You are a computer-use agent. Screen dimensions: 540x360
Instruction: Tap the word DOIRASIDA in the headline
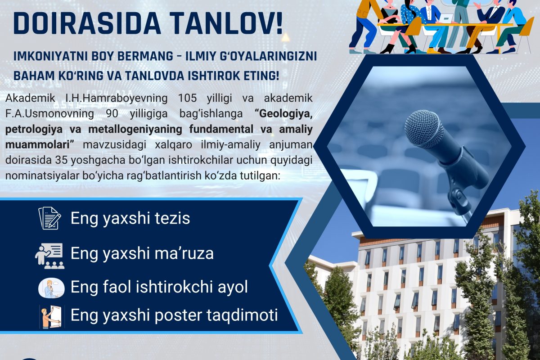coord(87,23)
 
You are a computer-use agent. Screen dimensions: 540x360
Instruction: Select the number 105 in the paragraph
coord(187,98)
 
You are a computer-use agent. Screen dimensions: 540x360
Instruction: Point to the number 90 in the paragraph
coord(112,113)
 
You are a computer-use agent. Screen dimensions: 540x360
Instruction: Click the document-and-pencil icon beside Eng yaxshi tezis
coord(49,218)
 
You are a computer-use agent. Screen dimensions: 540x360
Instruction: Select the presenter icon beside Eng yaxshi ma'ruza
coord(49,256)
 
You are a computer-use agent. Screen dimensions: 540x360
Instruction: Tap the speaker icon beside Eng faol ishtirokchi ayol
coord(51,288)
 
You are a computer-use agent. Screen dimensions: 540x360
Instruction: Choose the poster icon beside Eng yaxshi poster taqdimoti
coord(52,317)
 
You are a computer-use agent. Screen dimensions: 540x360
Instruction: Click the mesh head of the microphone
coord(424,129)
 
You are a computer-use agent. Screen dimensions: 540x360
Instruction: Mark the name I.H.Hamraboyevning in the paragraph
coord(117,99)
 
